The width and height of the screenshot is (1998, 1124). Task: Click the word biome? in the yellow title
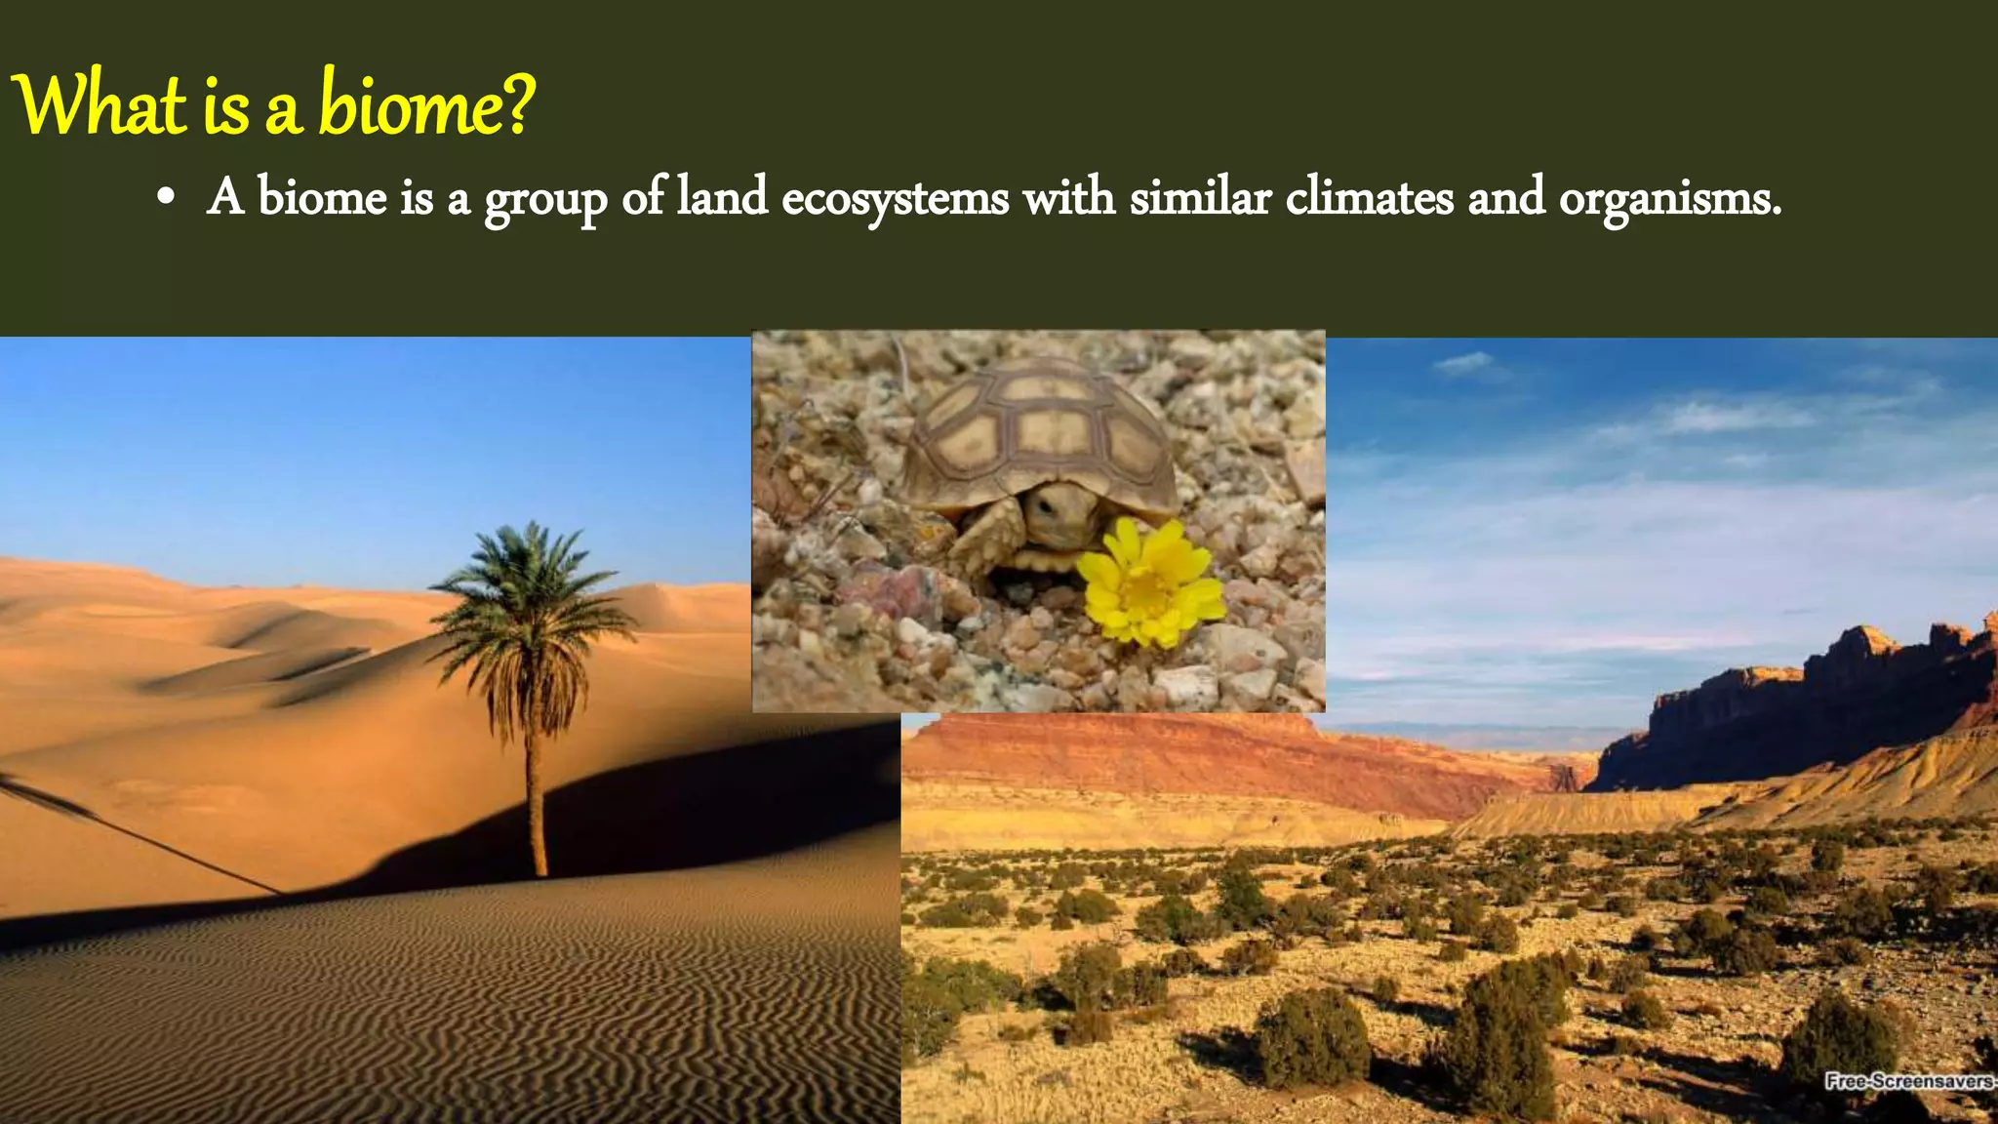pyautogui.click(x=427, y=105)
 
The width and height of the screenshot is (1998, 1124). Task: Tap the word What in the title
pyautogui.click(x=100, y=105)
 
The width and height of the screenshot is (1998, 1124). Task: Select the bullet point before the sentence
pyautogui.click(x=166, y=199)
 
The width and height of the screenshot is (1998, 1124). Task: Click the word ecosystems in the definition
pyautogui.click(x=895, y=199)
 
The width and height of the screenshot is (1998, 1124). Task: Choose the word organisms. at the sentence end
pyautogui.click(x=1669, y=199)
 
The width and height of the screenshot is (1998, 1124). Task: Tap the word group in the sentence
pyautogui.click(x=545, y=201)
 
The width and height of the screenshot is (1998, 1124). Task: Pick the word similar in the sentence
pyautogui.click(x=1200, y=197)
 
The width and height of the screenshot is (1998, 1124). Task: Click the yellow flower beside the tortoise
pyautogui.click(x=1152, y=583)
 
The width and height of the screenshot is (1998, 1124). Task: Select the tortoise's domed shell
pyautogui.click(x=1039, y=429)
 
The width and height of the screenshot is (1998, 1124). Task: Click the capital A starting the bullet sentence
pyautogui.click(x=225, y=197)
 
